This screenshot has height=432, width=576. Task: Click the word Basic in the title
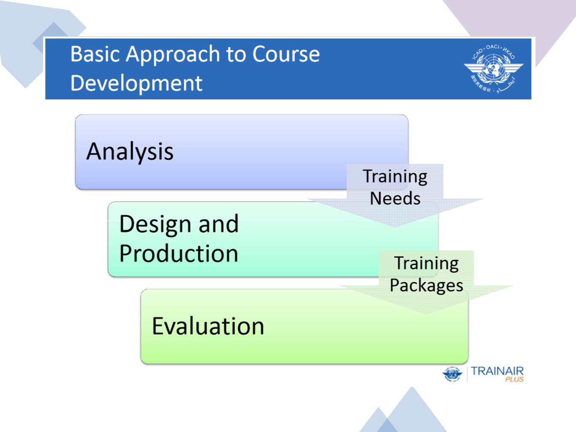[95, 54]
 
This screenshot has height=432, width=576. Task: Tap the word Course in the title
[286, 54]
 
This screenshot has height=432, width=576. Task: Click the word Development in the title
[136, 83]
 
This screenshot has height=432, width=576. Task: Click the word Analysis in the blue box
[130, 151]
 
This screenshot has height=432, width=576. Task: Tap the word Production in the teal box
[178, 254]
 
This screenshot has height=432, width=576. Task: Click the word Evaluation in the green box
[208, 326]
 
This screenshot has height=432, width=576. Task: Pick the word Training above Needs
[395, 176]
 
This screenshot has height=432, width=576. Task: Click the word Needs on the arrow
[395, 198]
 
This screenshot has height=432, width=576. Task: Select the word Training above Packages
[426, 263]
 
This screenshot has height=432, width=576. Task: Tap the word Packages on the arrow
[426, 285]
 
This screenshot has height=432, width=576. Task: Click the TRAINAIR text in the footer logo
[497, 371]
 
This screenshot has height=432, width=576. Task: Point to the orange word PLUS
[514, 380]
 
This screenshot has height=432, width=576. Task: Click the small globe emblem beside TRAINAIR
[452, 374]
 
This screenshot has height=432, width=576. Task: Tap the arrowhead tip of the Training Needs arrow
[395, 225]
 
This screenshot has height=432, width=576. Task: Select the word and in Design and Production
[219, 224]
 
